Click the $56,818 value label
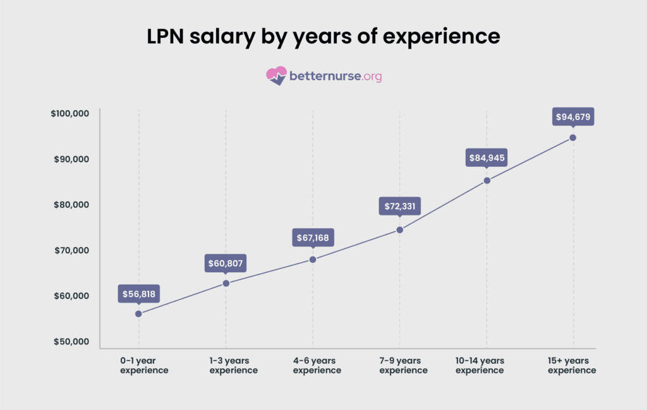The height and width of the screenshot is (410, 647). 138,294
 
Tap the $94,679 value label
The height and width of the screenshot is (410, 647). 573,117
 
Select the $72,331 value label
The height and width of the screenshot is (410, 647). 399,207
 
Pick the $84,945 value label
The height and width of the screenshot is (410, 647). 487,157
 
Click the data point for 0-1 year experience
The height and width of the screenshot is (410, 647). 138,313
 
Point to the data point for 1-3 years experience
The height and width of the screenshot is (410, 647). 226,283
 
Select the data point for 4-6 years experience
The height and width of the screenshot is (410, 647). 313,259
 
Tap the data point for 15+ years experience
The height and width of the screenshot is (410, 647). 573,138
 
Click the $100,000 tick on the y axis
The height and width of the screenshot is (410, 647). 70,114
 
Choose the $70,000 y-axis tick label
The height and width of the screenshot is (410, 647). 72,251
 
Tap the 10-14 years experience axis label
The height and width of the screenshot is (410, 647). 480,365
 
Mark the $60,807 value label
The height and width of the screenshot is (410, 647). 226,263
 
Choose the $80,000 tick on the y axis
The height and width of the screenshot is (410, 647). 72,205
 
